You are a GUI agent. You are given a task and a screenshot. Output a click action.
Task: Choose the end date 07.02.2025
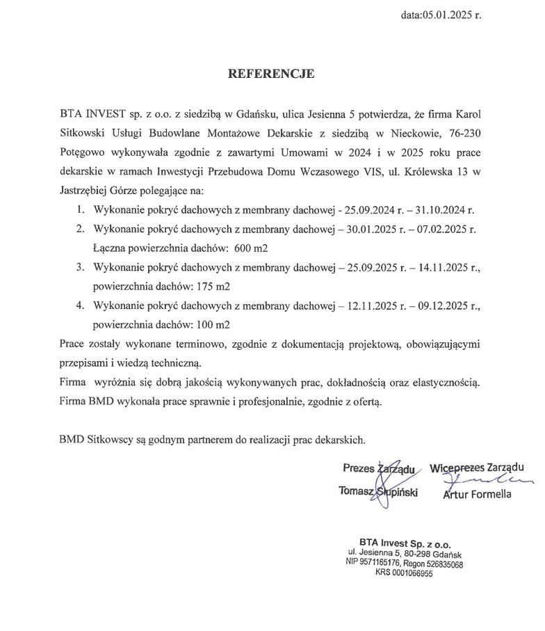pyautogui.click(x=445, y=229)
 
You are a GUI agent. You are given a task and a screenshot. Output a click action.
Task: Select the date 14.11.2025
pyautogui.click(x=445, y=267)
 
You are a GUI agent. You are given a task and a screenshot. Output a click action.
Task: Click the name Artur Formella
pyautogui.click(x=476, y=495)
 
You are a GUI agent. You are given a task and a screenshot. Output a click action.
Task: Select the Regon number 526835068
pyautogui.click(x=441, y=564)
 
